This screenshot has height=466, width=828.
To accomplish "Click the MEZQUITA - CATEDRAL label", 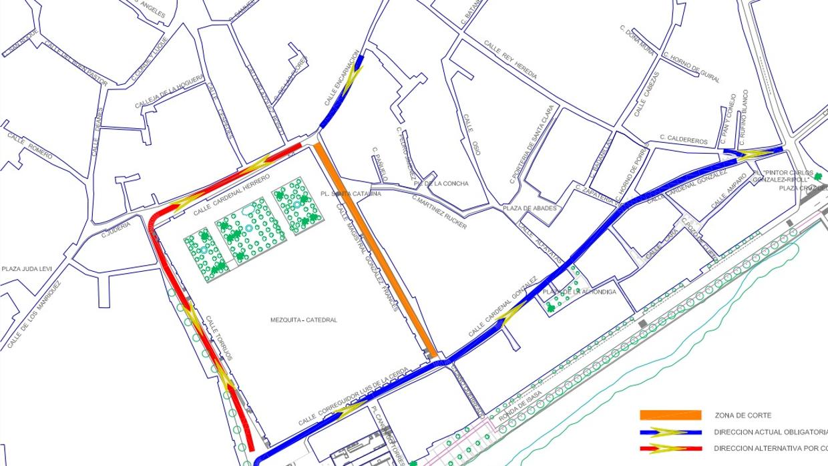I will point(303,320).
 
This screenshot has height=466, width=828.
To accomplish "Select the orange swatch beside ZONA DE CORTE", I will point(670,415).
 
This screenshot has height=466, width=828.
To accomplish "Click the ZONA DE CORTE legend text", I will point(743,415).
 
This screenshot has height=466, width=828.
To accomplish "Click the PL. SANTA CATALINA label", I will point(351,194).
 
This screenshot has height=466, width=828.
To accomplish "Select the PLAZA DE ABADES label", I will point(530,208).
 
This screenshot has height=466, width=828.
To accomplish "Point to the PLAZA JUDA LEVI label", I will point(27,269).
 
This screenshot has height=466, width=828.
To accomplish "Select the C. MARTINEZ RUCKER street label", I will point(439,212).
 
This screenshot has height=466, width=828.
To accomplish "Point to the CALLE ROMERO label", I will point(29,145).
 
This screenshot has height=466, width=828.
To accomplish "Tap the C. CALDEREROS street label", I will point(683,140).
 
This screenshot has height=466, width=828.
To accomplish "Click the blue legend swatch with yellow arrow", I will point(670,432).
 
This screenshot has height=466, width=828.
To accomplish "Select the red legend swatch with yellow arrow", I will point(670,449).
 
